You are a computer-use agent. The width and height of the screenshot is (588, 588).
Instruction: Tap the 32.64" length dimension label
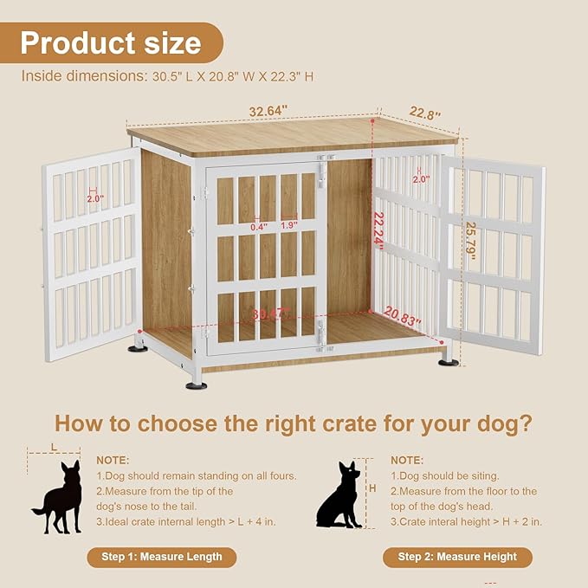click(x=268, y=111)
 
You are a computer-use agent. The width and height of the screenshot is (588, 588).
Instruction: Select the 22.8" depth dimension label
click(x=425, y=113)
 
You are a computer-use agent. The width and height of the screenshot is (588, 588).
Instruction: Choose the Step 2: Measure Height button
click(x=457, y=557)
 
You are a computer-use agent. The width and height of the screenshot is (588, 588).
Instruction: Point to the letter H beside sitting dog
click(x=372, y=489)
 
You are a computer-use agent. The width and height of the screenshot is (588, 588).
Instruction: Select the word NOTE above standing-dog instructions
click(x=113, y=460)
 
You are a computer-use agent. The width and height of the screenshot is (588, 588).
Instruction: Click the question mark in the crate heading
click(x=524, y=424)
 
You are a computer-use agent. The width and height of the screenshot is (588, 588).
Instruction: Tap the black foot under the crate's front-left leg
click(x=197, y=384)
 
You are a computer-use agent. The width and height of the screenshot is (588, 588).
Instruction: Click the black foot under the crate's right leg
click(x=448, y=362)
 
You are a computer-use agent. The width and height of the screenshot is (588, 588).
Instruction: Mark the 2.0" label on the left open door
click(x=95, y=198)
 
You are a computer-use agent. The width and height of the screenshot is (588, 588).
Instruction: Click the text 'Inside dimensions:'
click(x=76, y=76)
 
